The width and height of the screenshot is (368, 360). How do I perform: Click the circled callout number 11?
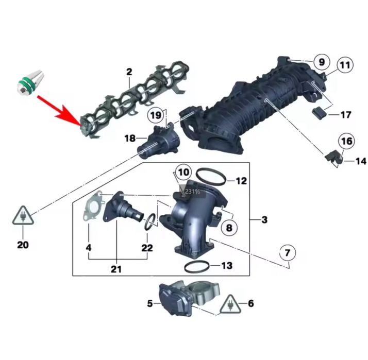coord(344,66)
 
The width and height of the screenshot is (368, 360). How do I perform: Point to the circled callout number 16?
coord(346,141)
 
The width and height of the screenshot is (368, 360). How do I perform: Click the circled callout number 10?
coord(183,172)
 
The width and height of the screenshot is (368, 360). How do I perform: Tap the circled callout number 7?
coord(288,253)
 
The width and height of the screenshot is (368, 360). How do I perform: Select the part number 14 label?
coord(360,162)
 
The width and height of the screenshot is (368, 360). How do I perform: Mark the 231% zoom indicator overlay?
coord(192,192)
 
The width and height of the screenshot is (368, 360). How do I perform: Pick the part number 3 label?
coord(264,220)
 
